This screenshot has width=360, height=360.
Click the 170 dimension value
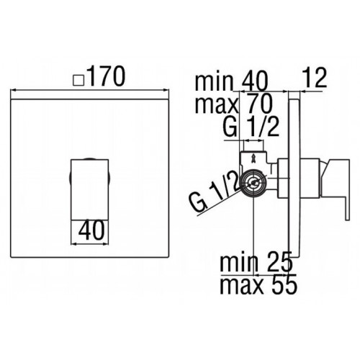pos(106,76)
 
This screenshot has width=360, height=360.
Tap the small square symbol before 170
pos(78,80)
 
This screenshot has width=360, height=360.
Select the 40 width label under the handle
pos(91,230)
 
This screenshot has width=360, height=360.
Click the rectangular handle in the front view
pos(90,189)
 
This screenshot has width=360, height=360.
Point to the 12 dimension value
pos(315,77)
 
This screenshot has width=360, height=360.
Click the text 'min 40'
pos(231,81)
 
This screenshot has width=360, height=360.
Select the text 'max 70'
pos(234,104)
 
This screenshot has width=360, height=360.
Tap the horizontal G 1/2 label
pos(251,127)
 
